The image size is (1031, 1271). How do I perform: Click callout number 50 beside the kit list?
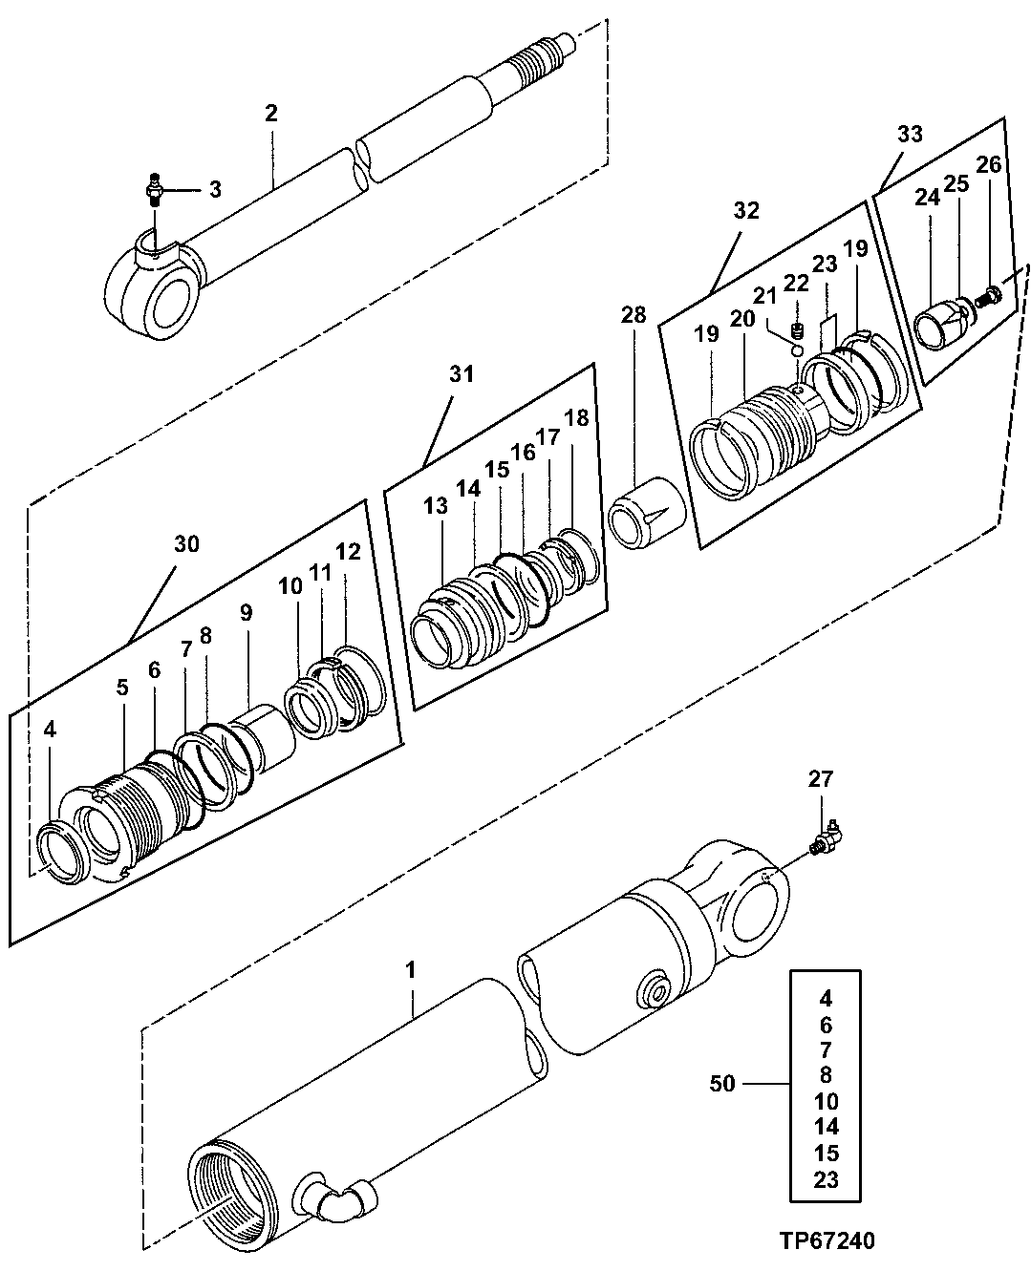tap(724, 1085)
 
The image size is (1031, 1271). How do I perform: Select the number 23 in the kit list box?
tap(826, 1179)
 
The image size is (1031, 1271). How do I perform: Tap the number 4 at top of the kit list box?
tap(826, 999)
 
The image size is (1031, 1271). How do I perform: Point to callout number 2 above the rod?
tap(271, 114)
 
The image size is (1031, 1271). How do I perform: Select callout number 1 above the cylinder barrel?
tap(411, 970)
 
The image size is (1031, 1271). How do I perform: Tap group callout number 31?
tap(462, 375)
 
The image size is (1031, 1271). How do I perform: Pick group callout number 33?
tap(910, 135)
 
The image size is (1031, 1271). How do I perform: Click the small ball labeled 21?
tap(793, 350)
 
